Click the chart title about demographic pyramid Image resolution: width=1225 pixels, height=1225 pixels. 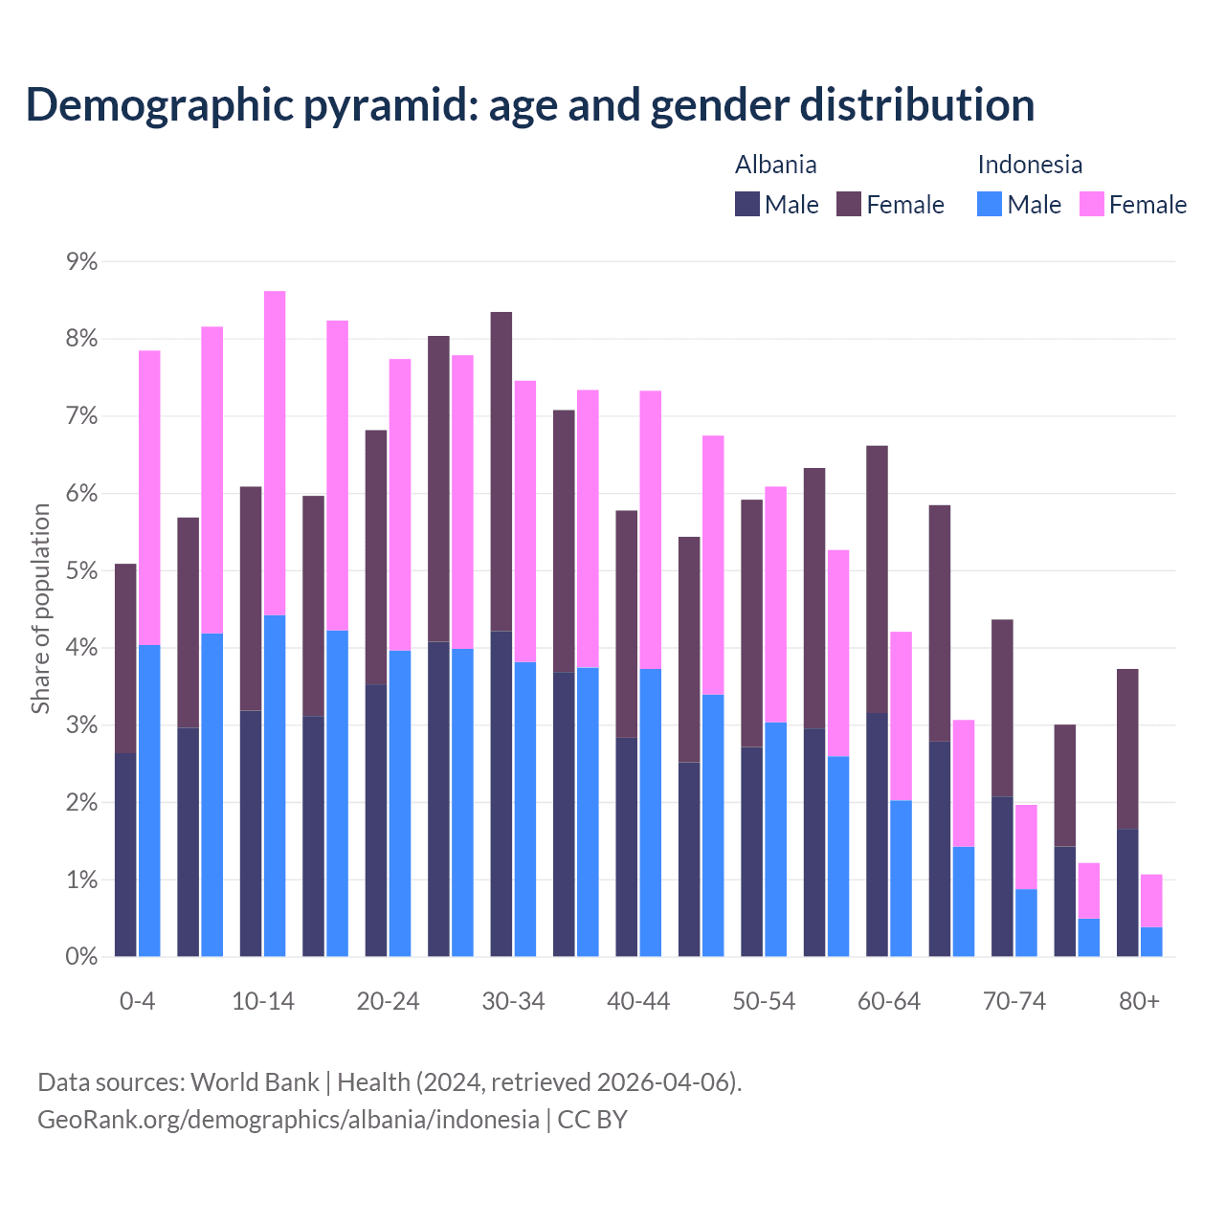coord(530,104)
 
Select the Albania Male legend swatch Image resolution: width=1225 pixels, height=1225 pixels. coord(747,204)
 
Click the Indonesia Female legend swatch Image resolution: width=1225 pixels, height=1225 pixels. coord(1092,204)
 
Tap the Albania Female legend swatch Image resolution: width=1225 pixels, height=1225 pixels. coord(849,204)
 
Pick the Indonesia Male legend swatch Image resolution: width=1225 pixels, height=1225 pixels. coord(990,204)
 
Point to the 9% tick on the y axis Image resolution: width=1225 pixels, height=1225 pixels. coord(81,261)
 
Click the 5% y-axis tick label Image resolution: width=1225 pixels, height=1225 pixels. coord(81,570)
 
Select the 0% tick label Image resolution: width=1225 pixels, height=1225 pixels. coord(81,956)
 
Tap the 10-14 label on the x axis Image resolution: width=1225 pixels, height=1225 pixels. coord(263,1001)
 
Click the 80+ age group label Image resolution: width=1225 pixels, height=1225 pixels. coord(1139,1001)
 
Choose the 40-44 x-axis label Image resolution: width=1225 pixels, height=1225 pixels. coord(638,1001)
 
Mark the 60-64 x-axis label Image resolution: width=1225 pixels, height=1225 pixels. coord(889,1001)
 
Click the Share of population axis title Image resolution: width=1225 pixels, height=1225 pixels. coord(40,609)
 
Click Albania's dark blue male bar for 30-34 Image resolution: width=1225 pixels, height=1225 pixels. coord(501,793)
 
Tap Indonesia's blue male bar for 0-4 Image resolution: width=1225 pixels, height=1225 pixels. coord(149,800)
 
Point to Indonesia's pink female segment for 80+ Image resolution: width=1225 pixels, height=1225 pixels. coord(1151,901)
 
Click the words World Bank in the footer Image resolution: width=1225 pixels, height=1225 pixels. coord(255,1082)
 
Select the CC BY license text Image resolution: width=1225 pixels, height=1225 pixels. coord(592,1120)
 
